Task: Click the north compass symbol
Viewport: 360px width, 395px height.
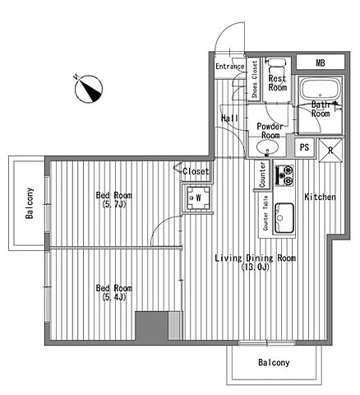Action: click(x=89, y=89)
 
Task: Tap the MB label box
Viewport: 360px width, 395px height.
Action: click(x=321, y=62)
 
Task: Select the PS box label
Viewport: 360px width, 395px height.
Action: click(x=304, y=147)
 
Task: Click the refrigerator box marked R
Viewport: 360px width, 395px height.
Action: click(x=330, y=150)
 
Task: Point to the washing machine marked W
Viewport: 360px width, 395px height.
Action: click(x=198, y=197)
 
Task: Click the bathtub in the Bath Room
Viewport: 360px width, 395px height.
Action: click(x=321, y=90)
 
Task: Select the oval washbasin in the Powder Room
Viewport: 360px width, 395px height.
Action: click(x=267, y=147)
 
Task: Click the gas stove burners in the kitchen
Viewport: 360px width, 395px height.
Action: click(x=284, y=174)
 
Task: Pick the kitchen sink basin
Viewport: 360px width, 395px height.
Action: click(x=284, y=218)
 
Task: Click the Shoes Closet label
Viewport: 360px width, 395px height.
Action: click(x=255, y=79)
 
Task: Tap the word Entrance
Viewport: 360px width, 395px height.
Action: click(x=230, y=67)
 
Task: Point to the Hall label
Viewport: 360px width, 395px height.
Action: click(x=229, y=118)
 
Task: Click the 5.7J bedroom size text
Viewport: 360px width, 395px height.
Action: click(x=113, y=204)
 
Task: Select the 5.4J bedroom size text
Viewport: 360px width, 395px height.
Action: click(x=113, y=297)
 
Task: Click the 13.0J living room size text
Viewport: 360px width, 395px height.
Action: click(x=256, y=267)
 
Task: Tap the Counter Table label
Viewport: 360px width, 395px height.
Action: click(x=265, y=213)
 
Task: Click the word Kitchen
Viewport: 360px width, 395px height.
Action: click(x=320, y=197)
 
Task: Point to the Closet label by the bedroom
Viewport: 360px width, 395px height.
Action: click(x=196, y=171)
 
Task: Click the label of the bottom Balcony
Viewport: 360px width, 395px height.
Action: click(x=274, y=362)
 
